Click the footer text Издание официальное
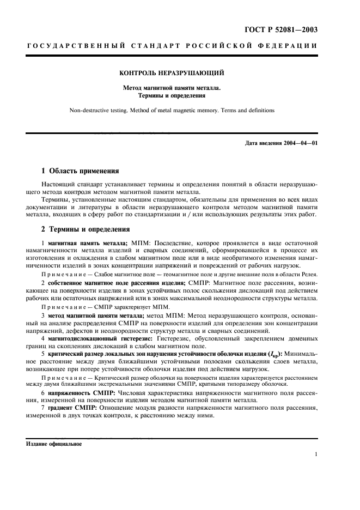point(54,444)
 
